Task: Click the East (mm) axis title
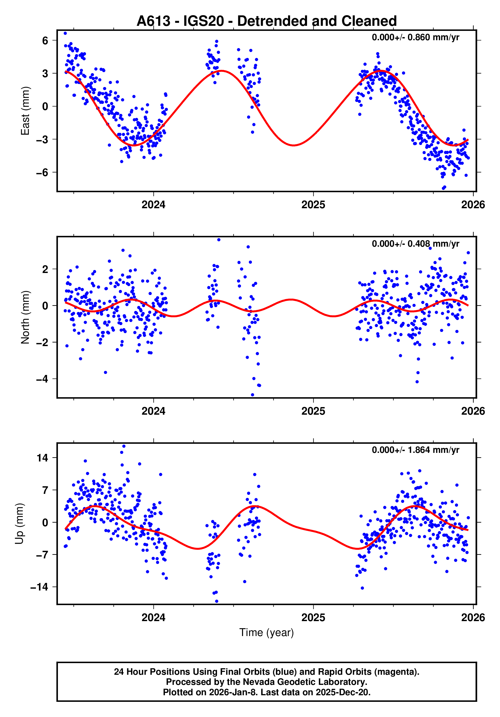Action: (25, 111)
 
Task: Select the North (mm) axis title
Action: (25, 317)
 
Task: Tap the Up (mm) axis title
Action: (19, 524)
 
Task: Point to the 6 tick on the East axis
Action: (45, 40)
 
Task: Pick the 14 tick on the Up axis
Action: (42, 458)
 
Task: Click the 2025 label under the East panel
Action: (313, 205)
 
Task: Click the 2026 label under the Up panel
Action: (473, 618)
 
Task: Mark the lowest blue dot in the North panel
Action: (252, 395)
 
